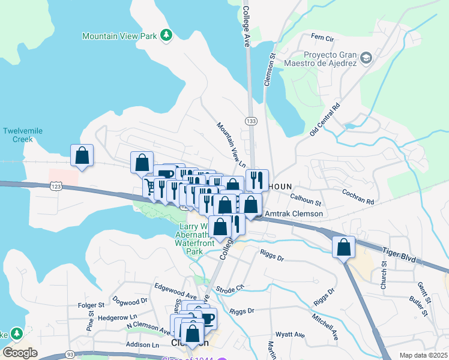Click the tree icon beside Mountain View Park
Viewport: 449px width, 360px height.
click(x=166, y=36)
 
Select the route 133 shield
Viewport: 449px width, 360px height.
click(x=251, y=121)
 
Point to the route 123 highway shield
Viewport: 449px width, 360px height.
click(x=55, y=187)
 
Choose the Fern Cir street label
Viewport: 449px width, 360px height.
click(x=322, y=38)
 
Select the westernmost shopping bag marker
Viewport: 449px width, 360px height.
click(x=82, y=155)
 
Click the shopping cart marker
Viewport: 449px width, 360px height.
click(x=149, y=187)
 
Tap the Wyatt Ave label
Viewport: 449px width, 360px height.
click(x=290, y=335)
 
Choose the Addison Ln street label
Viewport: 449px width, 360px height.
click(x=142, y=345)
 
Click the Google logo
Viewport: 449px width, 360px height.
click(x=20, y=353)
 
